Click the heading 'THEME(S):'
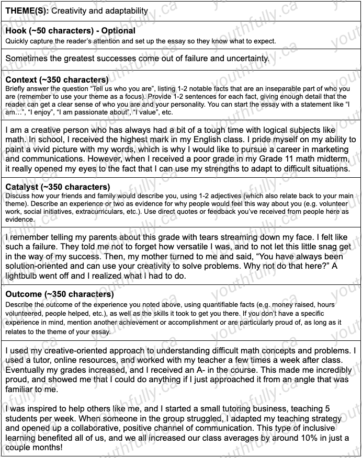coord(27,11)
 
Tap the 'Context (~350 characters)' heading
coord(57,80)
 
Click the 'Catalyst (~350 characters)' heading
coord(58,187)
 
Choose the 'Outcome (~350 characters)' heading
coord(59,294)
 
